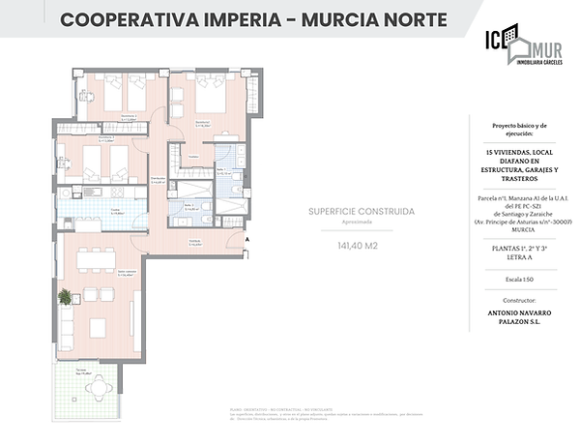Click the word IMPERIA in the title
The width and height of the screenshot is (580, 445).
click(236, 19)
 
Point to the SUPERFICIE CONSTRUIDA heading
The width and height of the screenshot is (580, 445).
click(362, 210)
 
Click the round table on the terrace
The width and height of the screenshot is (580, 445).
click(97, 385)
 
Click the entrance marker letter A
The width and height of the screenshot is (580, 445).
click(247, 239)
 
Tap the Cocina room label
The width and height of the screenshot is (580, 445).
click(114, 211)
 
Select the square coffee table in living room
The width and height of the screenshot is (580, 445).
click(98, 326)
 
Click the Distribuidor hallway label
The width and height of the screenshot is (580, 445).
click(156, 179)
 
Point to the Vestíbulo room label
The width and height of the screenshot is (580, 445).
click(194, 243)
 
